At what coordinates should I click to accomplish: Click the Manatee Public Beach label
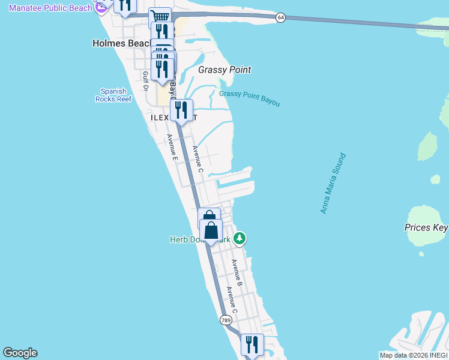tap(51, 8)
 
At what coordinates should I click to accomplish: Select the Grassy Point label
tap(224, 70)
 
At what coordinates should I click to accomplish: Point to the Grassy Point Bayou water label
tap(249, 98)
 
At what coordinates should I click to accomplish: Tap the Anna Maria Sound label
tap(333, 184)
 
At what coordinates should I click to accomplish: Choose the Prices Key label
tap(426, 227)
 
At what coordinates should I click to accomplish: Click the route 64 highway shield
tap(280, 18)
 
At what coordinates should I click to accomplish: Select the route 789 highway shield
tap(226, 320)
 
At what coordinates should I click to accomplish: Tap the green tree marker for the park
tap(240, 239)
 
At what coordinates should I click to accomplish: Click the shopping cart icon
tap(160, 17)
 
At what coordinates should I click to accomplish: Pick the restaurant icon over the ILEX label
tap(181, 110)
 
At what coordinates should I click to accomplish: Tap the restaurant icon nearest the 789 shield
tap(252, 344)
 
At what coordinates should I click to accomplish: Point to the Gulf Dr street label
tap(145, 81)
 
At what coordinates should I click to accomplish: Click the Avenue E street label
tap(172, 148)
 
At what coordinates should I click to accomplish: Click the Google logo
tap(20, 353)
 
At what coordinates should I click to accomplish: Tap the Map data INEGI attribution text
tap(414, 355)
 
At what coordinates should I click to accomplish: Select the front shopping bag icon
tap(211, 230)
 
